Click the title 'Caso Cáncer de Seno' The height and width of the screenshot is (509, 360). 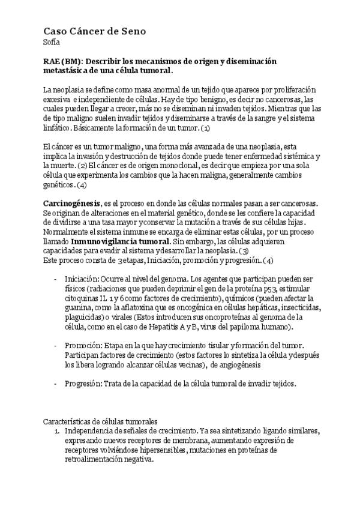pyautogui.click(x=94, y=31)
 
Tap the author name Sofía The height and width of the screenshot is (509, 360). pyautogui.click(x=51, y=41)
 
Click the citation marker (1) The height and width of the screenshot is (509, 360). pyautogui.click(x=205, y=128)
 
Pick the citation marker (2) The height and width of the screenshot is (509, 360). pyautogui.click(x=83, y=165)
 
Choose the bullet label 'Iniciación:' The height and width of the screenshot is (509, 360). pyautogui.click(x=82, y=280)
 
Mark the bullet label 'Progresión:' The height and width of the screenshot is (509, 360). pyautogui.click(x=83, y=383)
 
